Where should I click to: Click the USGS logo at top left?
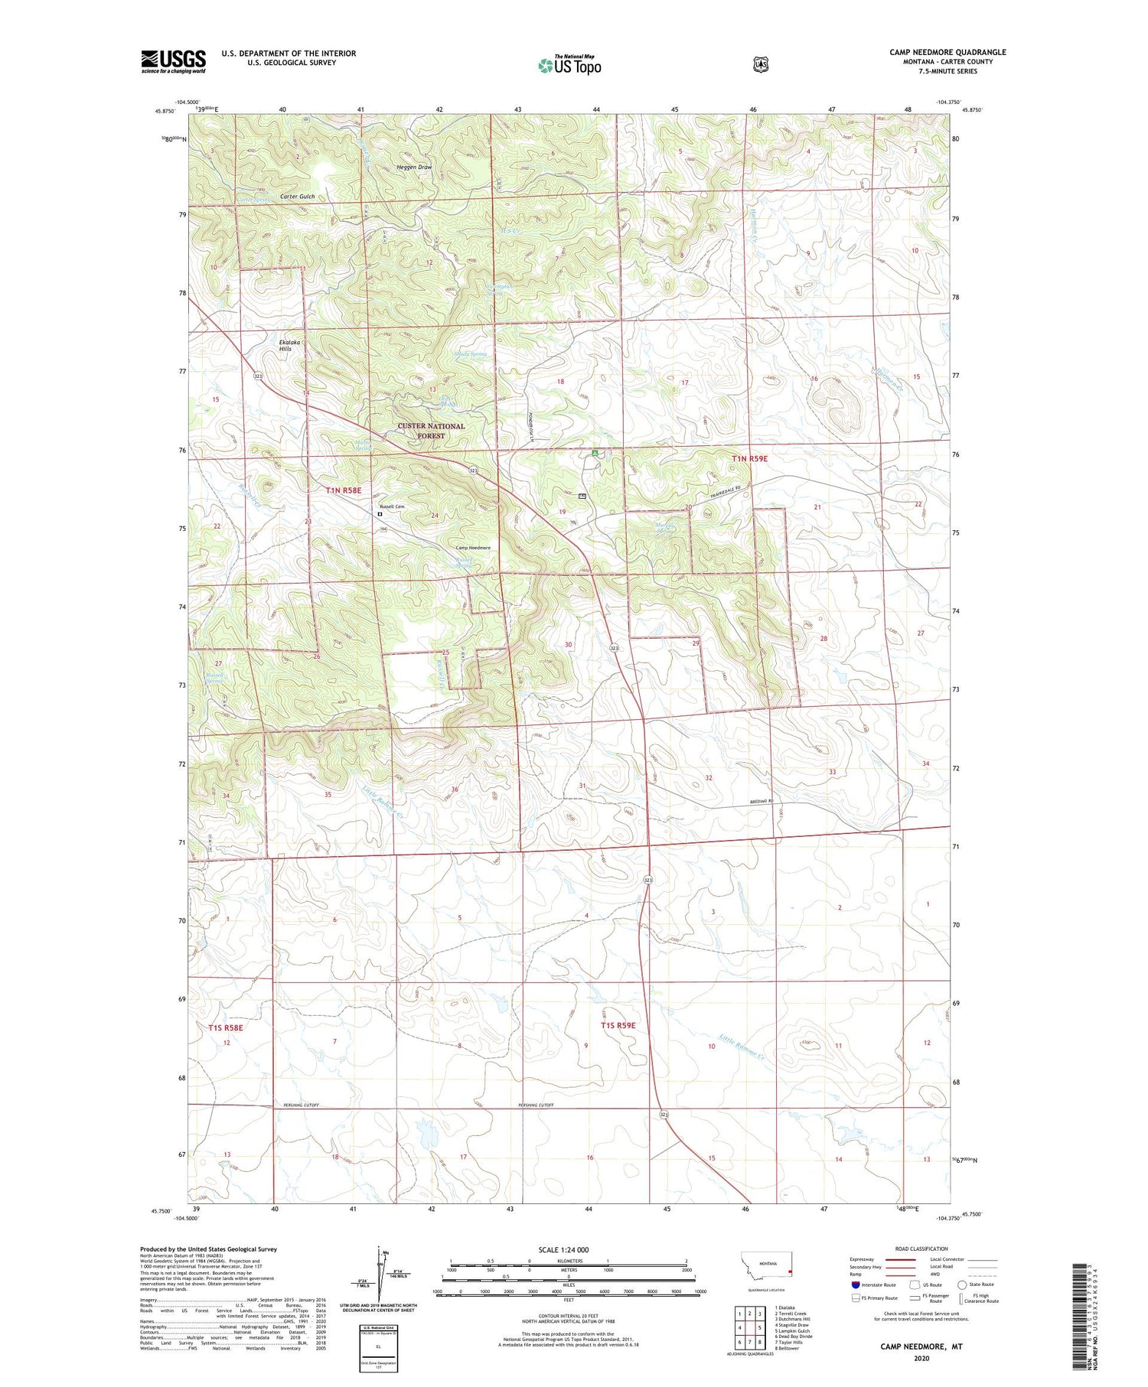pyautogui.click(x=173, y=61)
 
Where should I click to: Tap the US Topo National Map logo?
pyautogui.click(x=569, y=64)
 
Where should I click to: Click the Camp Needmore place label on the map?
pyautogui.click(x=473, y=548)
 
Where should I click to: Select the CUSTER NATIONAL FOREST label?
pyautogui.click(x=430, y=431)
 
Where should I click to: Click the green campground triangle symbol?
pyautogui.click(x=595, y=454)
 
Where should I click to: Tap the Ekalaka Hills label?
pyautogui.click(x=285, y=345)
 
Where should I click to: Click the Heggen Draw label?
pyautogui.click(x=414, y=168)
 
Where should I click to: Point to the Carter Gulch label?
pyautogui.click(x=297, y=197)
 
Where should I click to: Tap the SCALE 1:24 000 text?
pyautogui.click(x=563, y=1249)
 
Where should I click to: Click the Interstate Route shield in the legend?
pyautogui.click(x=855, y=1284)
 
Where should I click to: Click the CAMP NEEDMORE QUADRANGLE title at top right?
pyautogui.click(x=947, y=52)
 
